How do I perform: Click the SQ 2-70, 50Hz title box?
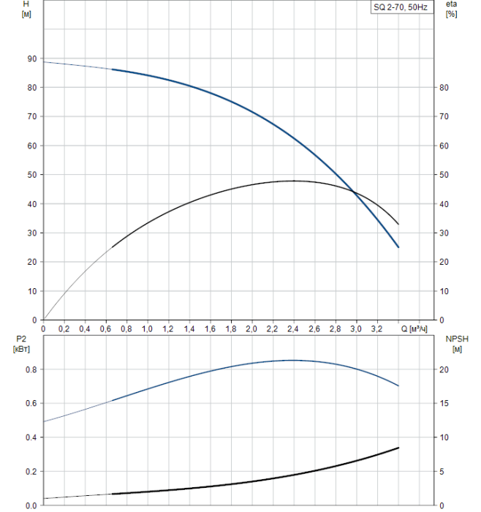(x=401, y=8)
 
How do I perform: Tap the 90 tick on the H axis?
(x=31, y=59)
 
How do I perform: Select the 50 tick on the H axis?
(x=31, y=175)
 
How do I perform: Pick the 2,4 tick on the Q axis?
(x=293, y=329)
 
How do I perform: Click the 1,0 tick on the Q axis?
(x=147, y=329)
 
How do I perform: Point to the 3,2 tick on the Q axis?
(x=376, y=329)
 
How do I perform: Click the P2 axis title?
(x=20, y=344)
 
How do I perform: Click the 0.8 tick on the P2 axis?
(x=30, y=369)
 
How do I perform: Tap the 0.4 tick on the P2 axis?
(x=30, y=437)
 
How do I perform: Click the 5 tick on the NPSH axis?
(x=447, y=471)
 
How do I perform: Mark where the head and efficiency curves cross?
(x=354, y=192)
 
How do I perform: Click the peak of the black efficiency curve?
(x=294, y=181)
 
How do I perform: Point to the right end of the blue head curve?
(x=398, y=247)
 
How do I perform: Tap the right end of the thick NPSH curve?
(x=398, y=448)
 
